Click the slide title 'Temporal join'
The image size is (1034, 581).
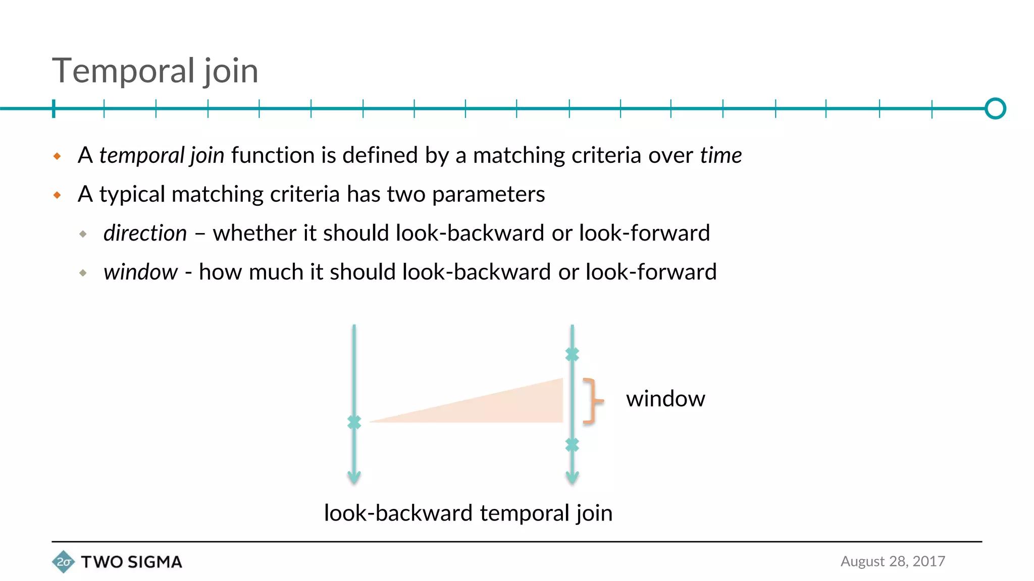(155, 71)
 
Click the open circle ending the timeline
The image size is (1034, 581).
(995, 108)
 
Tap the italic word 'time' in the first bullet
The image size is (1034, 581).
(720, 155)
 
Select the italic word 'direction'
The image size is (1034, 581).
(145, 233)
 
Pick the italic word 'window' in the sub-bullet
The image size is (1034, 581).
(140, 272)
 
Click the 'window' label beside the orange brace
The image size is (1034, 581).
(665, 399)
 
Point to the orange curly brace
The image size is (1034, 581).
(592, 400)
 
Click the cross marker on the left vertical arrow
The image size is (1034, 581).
(354, 422)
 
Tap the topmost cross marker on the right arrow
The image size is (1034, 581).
(572, 355)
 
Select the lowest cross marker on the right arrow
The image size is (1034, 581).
(572, 445)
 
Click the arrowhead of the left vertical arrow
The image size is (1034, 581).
(354, 477)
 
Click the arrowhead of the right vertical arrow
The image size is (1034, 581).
(572, 477)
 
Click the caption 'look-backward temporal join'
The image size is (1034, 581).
(468, 513)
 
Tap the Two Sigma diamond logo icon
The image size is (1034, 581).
(63, 562)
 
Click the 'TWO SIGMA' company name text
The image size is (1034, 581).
(131, 562)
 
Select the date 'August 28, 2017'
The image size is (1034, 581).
(893, 561)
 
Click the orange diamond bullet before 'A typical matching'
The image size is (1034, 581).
(57, 195)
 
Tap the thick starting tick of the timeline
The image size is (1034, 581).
(54, 108)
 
